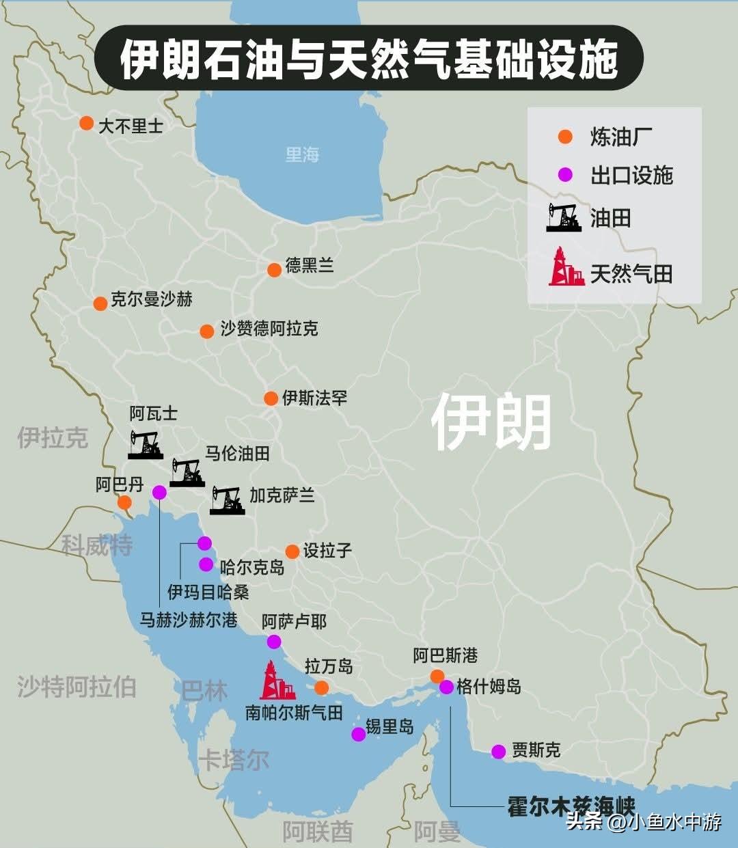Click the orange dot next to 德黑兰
click(274, 270)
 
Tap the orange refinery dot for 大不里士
click(86, 123)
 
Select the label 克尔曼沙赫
click(151, 299)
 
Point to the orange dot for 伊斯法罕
click(271, 398)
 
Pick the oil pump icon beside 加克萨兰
click(227, 500)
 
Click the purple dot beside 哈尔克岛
click(206, 564)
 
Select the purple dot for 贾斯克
click(498, 752)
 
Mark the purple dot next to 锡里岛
click(358, 734)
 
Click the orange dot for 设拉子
click(292, 551)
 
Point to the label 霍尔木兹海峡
click(571, 806)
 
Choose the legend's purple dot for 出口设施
click(565, 175)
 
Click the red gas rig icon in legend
click(566, 267)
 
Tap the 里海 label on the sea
click(302, 154)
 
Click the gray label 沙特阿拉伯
click(77, 687)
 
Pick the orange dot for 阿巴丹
click(124, 503)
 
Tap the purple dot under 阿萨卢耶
click(273, 641)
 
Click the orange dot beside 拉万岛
click(321, 687)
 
